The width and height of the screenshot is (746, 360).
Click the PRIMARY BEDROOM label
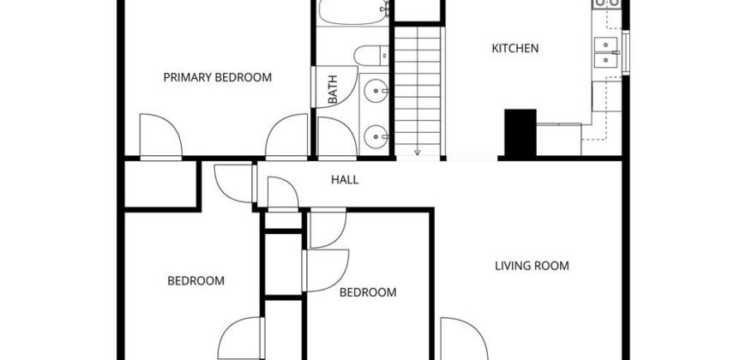[218, 77]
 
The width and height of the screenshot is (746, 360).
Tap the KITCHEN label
[515, 48]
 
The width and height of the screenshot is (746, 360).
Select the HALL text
[345, 180]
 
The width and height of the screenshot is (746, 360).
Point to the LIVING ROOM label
[532, 266]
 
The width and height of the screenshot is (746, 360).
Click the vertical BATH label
[333, 89]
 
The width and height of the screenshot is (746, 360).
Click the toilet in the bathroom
[371, 55]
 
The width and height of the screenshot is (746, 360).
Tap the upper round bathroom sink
[376, 91]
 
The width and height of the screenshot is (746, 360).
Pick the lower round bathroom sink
[376, 136]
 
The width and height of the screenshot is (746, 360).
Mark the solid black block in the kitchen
[520, 133]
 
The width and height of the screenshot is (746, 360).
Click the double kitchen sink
[606, 52]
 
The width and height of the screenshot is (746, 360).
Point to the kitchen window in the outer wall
[626, 52]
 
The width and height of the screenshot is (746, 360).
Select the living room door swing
[464, 339]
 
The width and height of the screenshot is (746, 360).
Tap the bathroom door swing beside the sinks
[337, 136]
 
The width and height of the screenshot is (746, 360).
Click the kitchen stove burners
[606, 3]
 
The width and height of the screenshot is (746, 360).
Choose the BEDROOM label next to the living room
[368, 292]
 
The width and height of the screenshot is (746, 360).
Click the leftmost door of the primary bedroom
[161, 135]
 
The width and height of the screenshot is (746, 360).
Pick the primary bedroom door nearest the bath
[286, 135]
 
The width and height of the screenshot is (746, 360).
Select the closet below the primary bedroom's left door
[160, 184]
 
